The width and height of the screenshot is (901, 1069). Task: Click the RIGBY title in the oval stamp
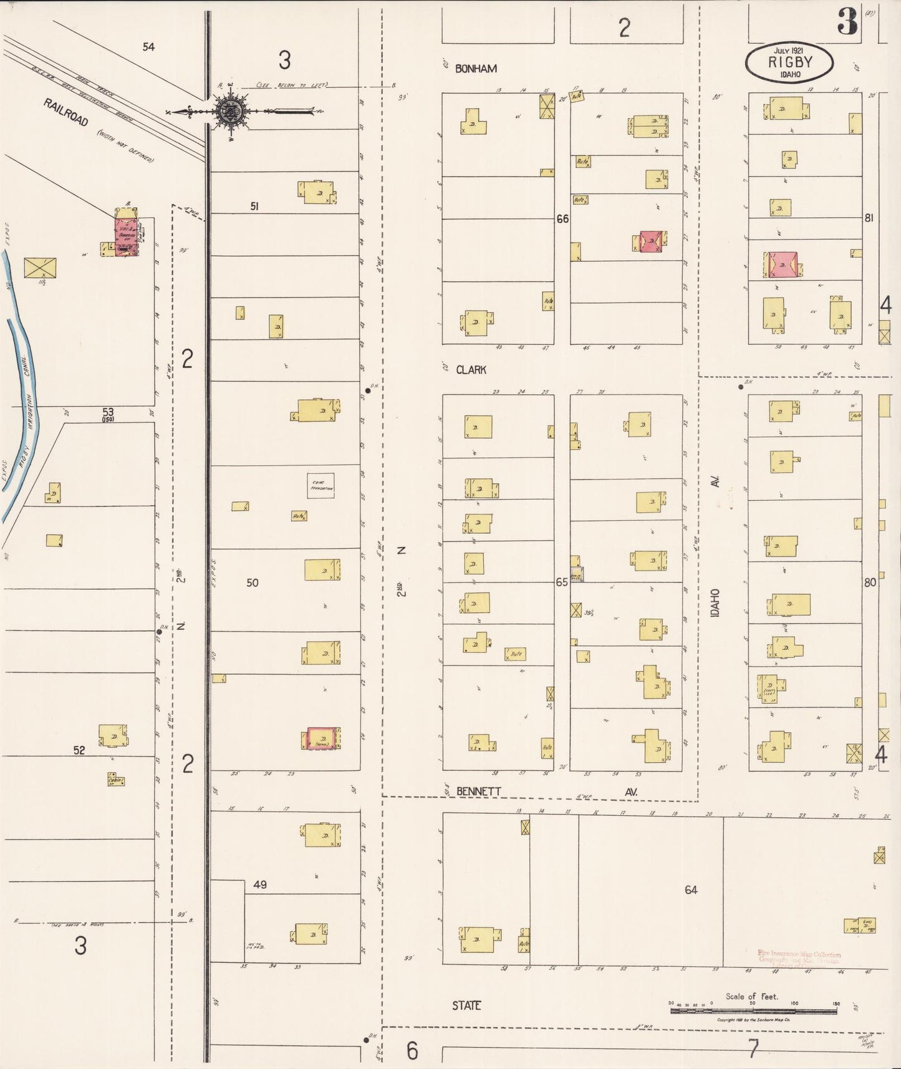(x=789, y=62)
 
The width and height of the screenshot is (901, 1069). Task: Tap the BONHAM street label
(x=476, y=69)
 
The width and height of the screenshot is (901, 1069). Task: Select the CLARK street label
(x=471, y=370)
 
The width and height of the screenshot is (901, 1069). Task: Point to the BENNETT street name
(x=478, y=791)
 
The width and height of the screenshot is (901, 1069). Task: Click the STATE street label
(x=466, y=1005)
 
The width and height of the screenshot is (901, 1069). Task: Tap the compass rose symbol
(x=230, y=112)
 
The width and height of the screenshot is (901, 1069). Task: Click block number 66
(x=562, y=219)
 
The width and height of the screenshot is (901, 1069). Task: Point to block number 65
(x=562, y=582)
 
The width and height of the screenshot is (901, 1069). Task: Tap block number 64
(x=691, y=890)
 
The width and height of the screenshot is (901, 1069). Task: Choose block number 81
(x=869, y=218)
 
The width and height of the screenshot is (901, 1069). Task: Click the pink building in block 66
(x=651, y=241)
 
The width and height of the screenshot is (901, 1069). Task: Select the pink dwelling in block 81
(x=783, y=264)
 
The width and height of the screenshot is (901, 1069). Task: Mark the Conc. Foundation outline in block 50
(x=320, y=486)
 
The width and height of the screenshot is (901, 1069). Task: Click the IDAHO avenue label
(x=715, y=603)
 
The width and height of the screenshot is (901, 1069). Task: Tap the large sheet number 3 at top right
(x=847, y=22)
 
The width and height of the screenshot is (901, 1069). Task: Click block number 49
(x=260, y=884)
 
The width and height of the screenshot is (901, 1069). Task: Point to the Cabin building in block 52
(x=115, y=780)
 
